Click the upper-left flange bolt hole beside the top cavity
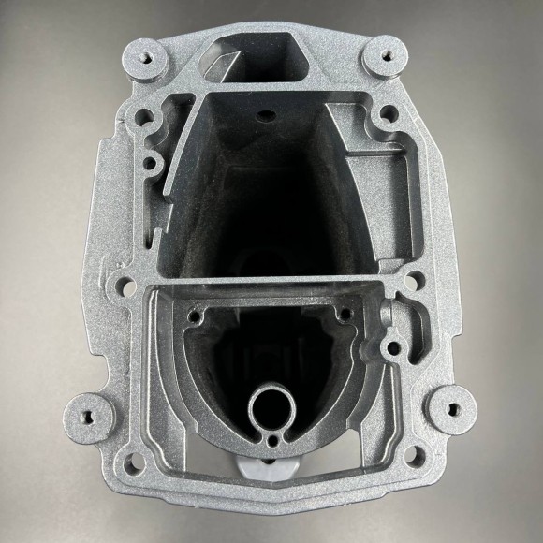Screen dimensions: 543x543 click(143, 118)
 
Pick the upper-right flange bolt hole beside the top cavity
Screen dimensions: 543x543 click(382, 119)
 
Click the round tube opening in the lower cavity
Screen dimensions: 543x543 click(271, 408)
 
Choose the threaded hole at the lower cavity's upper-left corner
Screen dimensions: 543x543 click(195, 316)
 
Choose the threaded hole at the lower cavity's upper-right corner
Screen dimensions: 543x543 click(345, 314)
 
